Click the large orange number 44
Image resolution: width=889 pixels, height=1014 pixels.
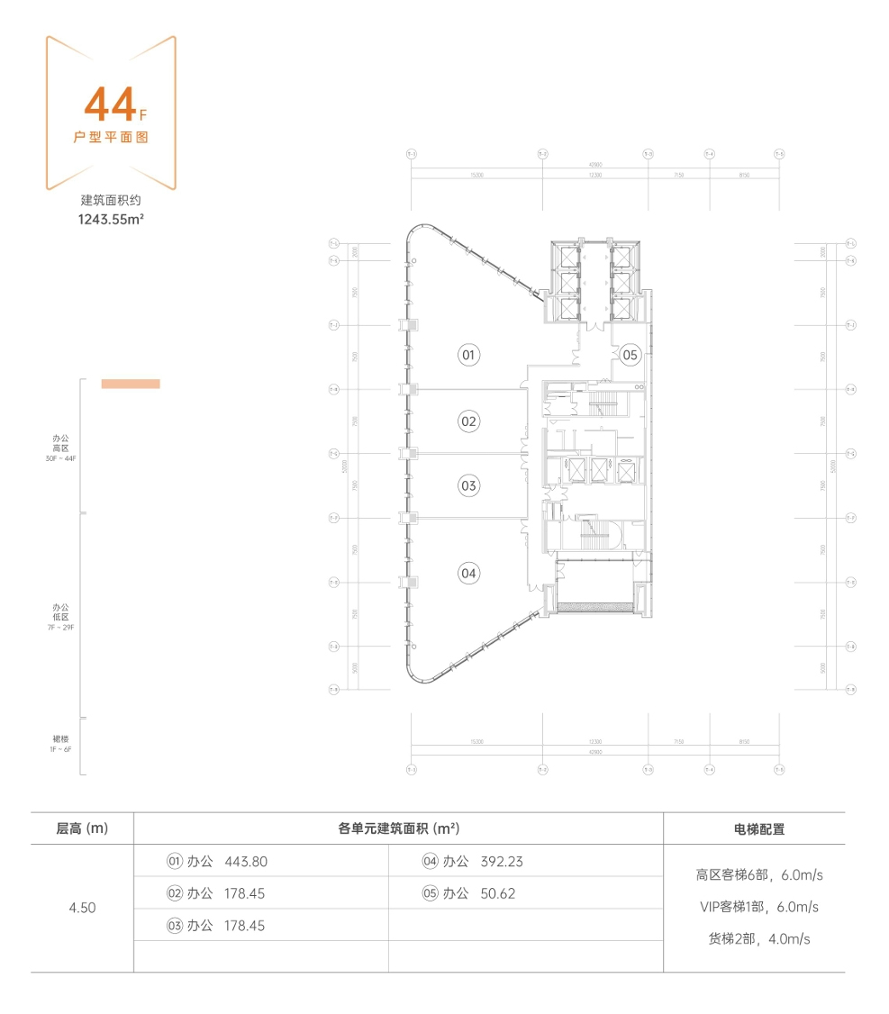click(109, 106)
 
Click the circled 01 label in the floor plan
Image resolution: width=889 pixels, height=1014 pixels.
click(467, 356)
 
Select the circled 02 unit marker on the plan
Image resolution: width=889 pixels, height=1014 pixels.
click(467, 421)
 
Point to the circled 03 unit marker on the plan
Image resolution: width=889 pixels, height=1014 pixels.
click(467, 486)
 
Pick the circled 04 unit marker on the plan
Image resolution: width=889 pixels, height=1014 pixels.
click(467, 573)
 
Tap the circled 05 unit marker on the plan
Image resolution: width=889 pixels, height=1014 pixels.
click(630, 355)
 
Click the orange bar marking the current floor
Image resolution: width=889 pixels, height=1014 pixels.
click(131, 384)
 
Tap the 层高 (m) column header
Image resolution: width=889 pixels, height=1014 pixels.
click(82, 828)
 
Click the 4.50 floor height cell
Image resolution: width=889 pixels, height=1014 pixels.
click(82, 908)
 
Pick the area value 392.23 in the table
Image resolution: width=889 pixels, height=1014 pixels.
click(502, 862)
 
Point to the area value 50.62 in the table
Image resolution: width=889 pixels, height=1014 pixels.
click(498, 894)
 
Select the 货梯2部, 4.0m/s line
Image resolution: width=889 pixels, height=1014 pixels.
click(759, 939)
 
